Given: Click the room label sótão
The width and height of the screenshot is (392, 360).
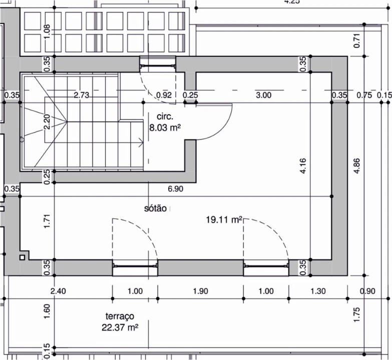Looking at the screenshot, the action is (x=155, y=208).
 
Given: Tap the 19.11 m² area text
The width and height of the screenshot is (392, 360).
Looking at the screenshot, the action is (x=224, y=219).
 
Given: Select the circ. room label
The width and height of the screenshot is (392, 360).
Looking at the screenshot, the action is (x=165, y=116).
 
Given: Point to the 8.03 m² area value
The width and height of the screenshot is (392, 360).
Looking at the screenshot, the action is (x=165, y=127).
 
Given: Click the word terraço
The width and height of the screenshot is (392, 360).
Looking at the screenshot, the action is (x=120, y=316).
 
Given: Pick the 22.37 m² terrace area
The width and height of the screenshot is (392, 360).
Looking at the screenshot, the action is (x=120, y=327).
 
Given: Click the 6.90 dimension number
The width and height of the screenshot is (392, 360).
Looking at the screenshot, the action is (x=176, y=188).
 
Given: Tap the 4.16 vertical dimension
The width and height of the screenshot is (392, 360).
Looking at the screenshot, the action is (x=303, y=166).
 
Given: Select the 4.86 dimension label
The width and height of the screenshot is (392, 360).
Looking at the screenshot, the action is (x=357, y=166).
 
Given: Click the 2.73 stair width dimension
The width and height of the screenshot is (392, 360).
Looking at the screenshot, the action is (x=82, y=95).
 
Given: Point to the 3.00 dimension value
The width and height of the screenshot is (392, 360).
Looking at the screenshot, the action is (x=263, y=95).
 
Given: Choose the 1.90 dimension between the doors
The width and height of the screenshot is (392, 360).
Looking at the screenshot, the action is (x=200, y=291).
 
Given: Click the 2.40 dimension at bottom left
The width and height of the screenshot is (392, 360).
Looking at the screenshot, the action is (x=58, y=291).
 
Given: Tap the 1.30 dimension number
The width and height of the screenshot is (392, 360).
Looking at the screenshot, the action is (x=318, y=291).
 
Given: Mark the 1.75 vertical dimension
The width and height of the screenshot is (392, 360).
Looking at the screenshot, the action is (x=357, y=314).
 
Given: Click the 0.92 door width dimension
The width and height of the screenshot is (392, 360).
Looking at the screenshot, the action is (x=164, y=95).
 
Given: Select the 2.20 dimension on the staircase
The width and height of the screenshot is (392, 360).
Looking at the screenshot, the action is (x=47, y=122).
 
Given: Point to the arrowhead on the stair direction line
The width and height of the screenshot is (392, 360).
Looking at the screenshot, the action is (x=142, y=143).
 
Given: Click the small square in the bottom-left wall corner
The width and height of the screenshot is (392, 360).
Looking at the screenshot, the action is (x=22, y=257).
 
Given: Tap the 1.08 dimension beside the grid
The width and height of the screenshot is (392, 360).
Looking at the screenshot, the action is (x=47, y=31).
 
